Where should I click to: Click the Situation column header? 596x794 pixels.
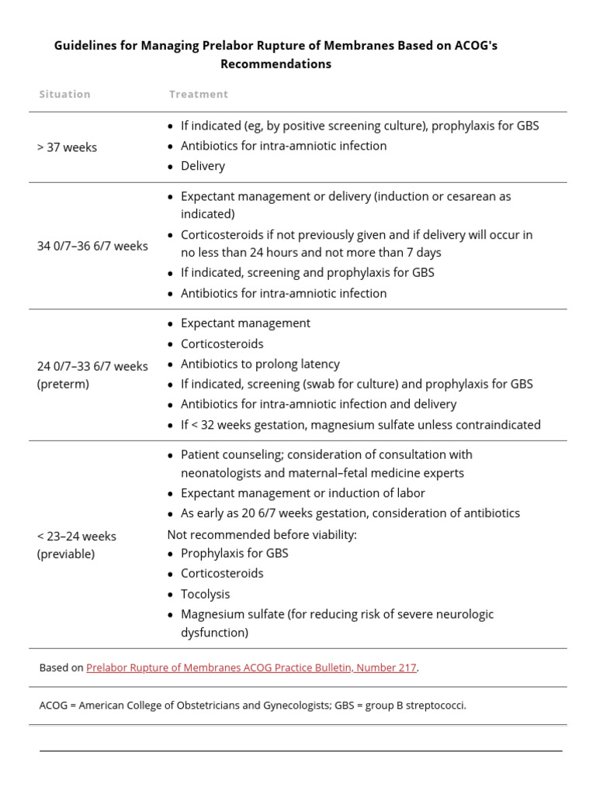[x=64, y=94]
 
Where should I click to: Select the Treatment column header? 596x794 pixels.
[x=199, y=94]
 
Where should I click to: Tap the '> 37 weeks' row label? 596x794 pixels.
[x=67, y=147]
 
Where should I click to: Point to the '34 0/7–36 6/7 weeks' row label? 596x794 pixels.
[x=92, y=246]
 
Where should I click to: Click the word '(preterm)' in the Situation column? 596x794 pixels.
[x=63, y=384]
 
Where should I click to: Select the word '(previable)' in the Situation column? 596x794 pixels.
[x=66, y=554]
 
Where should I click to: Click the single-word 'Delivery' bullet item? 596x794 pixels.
[x=203, y=165]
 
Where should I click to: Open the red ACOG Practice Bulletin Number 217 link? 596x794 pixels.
[x=251, y=668]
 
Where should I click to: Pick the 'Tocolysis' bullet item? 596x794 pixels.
[x=205, y=594]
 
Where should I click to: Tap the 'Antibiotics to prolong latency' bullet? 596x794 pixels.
[x=260, y=364]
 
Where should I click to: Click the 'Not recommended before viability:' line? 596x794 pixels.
[x=262, y=534]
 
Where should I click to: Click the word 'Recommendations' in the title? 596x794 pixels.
[x=275, y=64]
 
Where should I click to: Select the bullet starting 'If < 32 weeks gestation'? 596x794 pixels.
[x=360, y=424]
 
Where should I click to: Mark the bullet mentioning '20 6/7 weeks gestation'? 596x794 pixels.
[x=350, y=513]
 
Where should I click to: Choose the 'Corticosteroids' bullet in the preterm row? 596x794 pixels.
[x=222, y=343]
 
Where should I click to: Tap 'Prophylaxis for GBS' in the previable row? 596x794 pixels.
[x=234, y=553]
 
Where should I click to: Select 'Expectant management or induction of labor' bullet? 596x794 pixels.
[x=303, y=492]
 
